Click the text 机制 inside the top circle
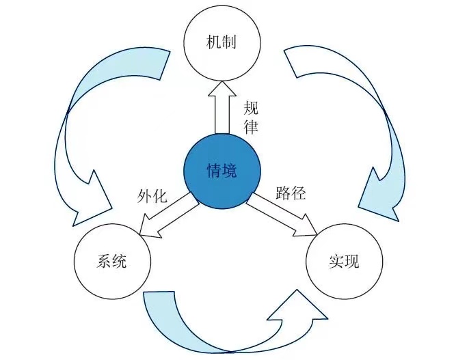(222, 42)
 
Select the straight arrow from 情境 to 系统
(164, 213)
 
